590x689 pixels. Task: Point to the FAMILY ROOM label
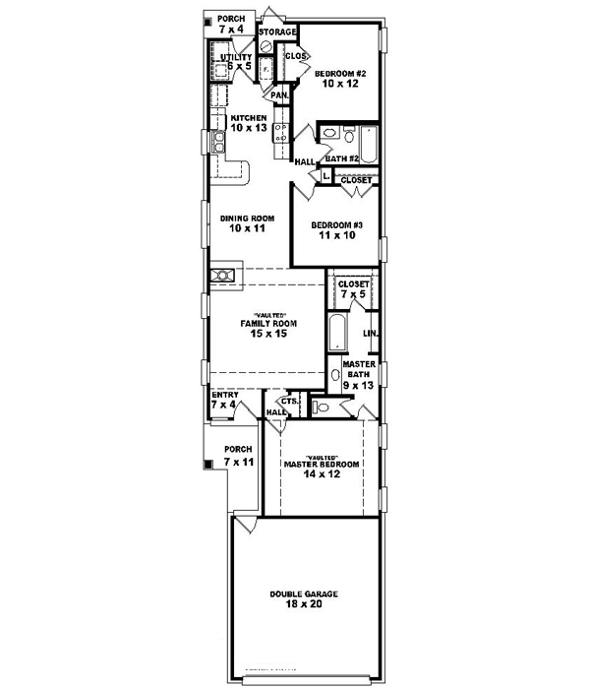[268, 323]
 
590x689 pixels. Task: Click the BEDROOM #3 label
[337, 225]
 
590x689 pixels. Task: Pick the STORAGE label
[278, 32]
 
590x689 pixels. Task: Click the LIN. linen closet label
[371, 334]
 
